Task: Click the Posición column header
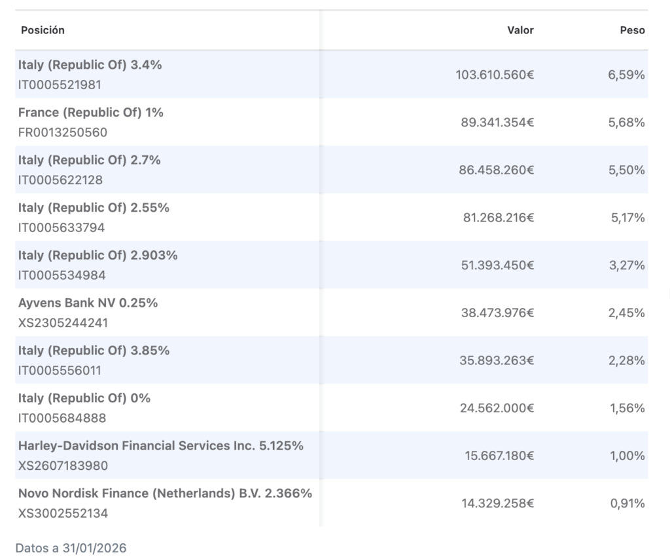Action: coord(43,30)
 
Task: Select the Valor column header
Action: coord(520,30)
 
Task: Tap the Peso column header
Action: coord(633,30)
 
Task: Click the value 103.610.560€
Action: coord(495,75)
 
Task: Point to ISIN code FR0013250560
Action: coord(62,132)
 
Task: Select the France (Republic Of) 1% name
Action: coord(90,113)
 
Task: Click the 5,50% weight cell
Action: coord(626,170)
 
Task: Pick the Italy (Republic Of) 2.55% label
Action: coord(94,208)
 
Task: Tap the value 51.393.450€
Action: coord(497,265)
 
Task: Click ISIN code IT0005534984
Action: coord(62,275)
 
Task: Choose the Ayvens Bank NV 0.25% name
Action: coord(88,303)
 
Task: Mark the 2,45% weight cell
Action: coord(626,313)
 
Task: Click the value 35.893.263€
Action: coord(497,360)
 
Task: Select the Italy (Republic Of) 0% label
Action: coord(84,398)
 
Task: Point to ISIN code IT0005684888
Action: coord(62,417)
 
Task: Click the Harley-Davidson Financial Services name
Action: coord(136,446)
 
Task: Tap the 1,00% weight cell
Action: coord(627,455)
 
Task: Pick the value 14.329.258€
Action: coord(497,503)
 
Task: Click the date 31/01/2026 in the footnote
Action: coord(94,549)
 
